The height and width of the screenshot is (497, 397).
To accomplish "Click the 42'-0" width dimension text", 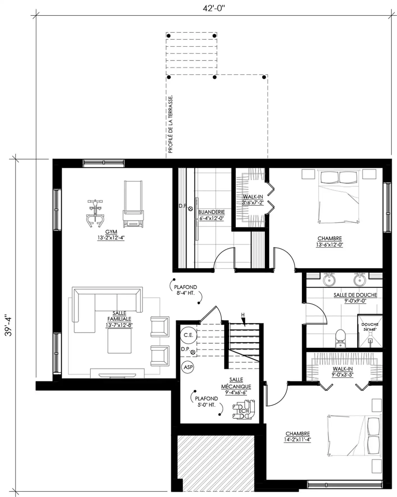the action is (x=214, y=8).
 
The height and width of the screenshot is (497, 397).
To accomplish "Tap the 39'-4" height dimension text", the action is (x=8, y=326).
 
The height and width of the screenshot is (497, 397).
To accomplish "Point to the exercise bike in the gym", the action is (x=95, y=213).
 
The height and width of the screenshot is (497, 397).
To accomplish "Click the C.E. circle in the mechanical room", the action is (x=188, y=335).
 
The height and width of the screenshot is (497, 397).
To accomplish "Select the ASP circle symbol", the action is (x=188, y=367).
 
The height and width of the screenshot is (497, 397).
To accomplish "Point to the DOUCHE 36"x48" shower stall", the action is (x=370, y=331).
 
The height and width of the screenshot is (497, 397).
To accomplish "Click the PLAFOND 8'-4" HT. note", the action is (x=186, y=290).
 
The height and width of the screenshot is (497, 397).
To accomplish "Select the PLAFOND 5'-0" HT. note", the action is (x=206, y=401).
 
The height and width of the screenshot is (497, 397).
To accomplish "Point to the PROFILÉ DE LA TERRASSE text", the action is (x=170, y=124).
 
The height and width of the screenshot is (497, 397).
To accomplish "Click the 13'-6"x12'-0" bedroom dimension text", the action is (x=330, y=244).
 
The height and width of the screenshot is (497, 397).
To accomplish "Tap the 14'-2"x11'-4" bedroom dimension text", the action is (x=298, y=440).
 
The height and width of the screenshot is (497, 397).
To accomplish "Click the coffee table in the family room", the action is (x=120, y=341).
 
